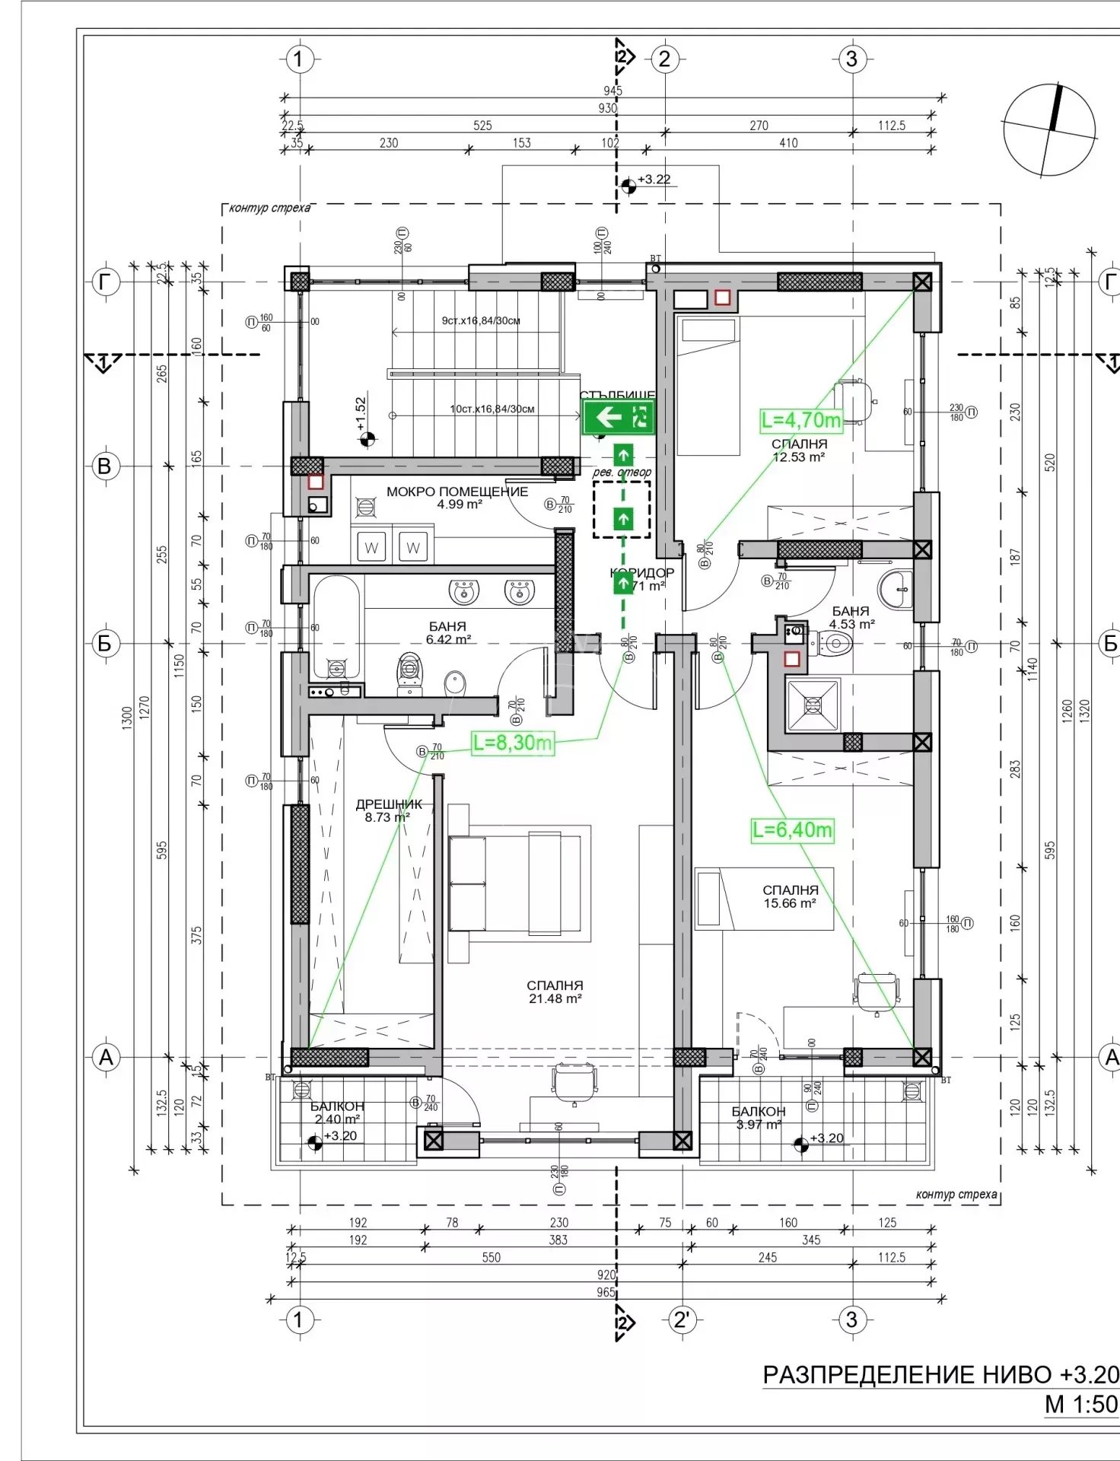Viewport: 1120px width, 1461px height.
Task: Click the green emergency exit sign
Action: coord(619,417)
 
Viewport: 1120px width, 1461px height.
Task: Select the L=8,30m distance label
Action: coord(512,743)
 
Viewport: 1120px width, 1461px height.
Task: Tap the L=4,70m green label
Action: coord(801,419)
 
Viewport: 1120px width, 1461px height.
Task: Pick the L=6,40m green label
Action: coord(792,829)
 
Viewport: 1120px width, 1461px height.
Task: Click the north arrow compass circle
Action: coord(1049,130)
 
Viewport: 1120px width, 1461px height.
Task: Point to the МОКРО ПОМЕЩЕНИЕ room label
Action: coord(457,497)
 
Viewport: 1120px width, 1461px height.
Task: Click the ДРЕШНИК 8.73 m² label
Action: coord(388,810)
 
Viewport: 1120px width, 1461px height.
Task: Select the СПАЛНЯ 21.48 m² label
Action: coord(555,992)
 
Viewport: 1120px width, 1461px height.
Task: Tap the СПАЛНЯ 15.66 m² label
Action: coord(791,896)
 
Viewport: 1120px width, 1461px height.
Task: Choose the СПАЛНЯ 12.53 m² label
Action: coord(799,450)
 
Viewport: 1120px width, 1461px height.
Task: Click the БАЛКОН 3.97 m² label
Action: coord(758,1118)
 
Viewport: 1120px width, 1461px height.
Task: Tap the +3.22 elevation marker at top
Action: coord(647,181)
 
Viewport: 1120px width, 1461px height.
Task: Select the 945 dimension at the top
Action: coord(612,91)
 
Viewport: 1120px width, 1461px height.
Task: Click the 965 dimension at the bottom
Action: coord(606,1292)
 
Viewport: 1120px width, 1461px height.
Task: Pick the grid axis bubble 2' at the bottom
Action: coord(681,1320)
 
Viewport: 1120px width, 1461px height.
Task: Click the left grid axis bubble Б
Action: coord(105,644)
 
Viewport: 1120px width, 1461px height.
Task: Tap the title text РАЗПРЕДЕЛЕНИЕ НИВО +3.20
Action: coord(940,1374)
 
